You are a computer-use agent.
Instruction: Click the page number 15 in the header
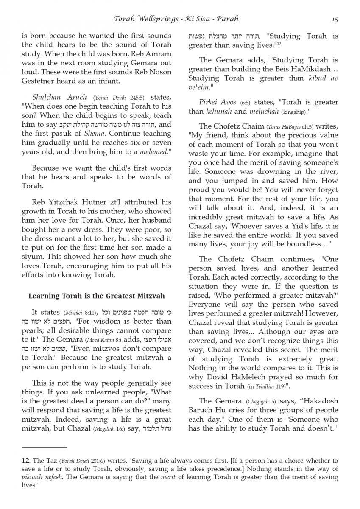335,19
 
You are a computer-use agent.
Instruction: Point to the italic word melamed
154,151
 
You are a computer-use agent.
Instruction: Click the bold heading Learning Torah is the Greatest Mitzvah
96,296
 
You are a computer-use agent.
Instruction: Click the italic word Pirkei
209,102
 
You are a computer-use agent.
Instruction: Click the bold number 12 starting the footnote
25,460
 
